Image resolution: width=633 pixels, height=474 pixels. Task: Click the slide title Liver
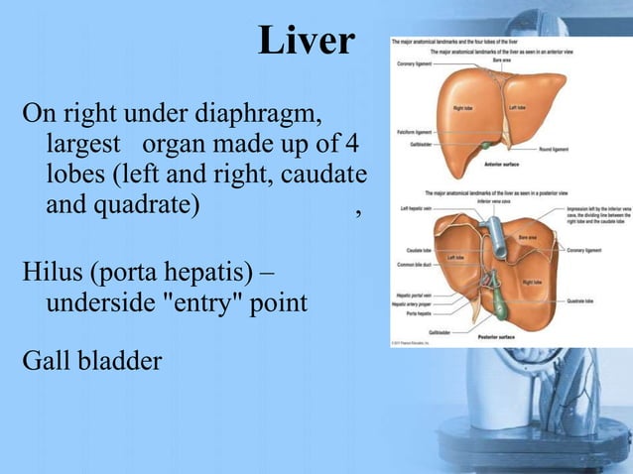click(x=306, y=42)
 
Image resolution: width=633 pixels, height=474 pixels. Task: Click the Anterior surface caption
click(x=499, y=163)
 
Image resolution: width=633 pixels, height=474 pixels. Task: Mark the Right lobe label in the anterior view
click(x=462, y=107)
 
